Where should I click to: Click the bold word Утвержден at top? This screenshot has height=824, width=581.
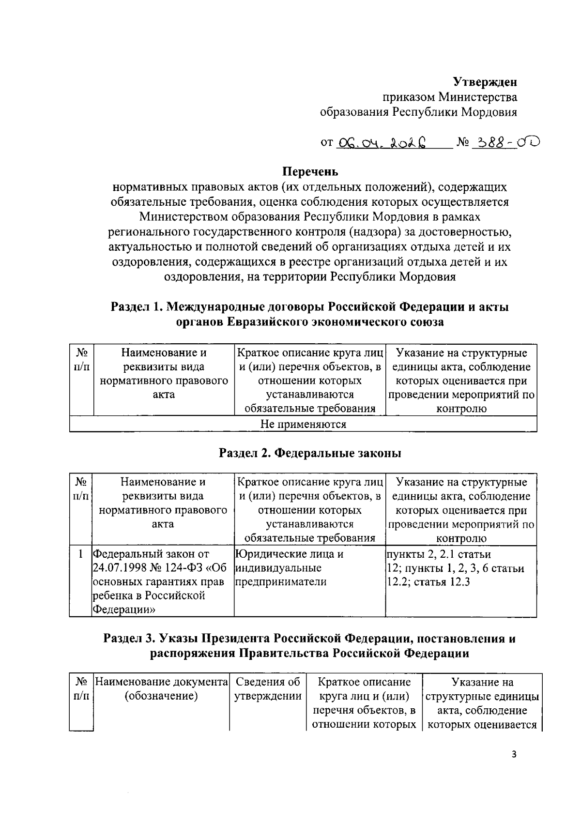pyautogui.click(x=485, y=81)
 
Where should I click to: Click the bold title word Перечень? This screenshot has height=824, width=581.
pyautogui.click(x=310, y=172)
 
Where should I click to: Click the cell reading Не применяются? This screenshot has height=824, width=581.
pyautogui.click(x=303, y=425)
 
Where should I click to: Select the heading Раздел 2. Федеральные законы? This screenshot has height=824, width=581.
pyautogui.click(x=310, y=454)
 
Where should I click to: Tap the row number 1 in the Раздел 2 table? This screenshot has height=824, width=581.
pyautogui.click(x=80, y=554)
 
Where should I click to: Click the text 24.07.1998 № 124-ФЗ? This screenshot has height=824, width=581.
pyautogui.click(x=153, y=568)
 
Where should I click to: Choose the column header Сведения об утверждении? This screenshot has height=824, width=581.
pyautogui.click(x=268, y=689)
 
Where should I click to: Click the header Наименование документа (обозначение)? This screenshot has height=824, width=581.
pyautogui.click(x=161, y=689)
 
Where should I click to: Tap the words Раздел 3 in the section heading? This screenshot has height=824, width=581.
pyautogui.click(x=128, y=639)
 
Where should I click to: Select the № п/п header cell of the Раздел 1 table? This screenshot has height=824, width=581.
pyautogui.click(x=81, y=360)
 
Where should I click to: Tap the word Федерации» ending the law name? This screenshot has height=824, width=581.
pyautogui.click(x=124, y=610)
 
